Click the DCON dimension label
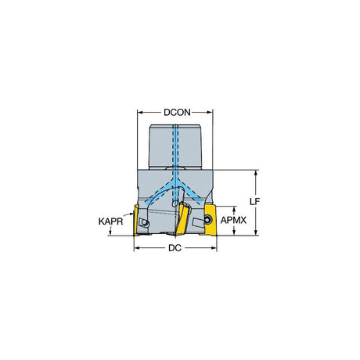point(177,113)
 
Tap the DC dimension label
point(175,248)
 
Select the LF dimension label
point(254,201)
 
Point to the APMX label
point(233,221)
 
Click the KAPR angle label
point(110,221)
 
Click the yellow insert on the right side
point(211,220)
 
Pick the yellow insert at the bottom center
point(182,219)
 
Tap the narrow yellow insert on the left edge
point(136,221)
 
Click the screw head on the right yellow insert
point(207,220)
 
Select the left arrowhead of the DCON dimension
point(140,113)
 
